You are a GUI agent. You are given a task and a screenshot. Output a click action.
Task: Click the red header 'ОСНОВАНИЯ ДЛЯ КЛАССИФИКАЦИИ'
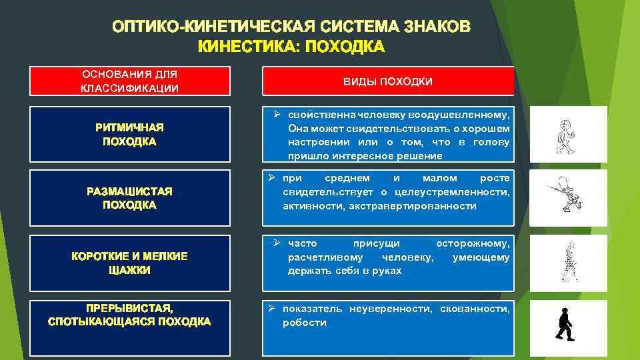[x=130, y=81]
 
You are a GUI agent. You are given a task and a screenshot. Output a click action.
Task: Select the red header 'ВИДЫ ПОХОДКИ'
[x=388, y=81]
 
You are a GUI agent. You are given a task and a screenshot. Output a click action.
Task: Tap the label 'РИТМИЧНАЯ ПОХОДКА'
[x=130, y=134]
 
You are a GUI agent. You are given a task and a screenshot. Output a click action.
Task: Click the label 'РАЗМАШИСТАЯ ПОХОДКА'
[x=130, y=198]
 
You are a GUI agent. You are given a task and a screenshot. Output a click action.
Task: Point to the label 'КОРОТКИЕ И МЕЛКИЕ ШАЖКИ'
[x=130, y=263]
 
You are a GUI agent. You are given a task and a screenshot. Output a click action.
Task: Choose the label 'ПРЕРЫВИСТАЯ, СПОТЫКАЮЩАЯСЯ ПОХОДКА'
[x=130, y=315]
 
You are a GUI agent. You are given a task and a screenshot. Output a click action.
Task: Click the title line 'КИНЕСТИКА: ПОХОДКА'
[x=291, y=46]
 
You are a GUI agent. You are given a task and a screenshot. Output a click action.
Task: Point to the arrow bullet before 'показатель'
[x=271, y=309]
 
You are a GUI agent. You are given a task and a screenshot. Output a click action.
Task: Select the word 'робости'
[x=305, y=323]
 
